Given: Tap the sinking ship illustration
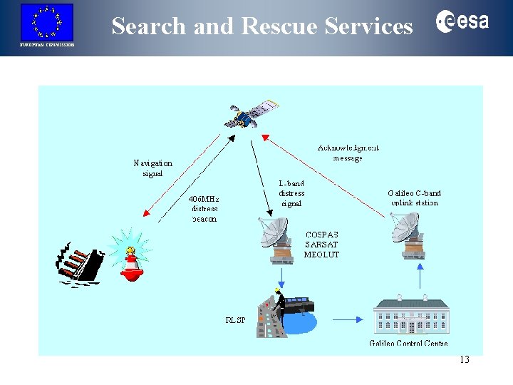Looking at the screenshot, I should [x=80, y=263].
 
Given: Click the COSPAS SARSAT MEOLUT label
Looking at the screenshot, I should [x=321, y=245].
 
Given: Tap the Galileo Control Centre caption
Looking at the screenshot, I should [x=408, y=344].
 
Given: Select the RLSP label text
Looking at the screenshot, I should [x=236, y=320].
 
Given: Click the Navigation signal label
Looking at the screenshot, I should [x=153, y=168].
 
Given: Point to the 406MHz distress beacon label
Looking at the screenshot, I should [x=204, y=208].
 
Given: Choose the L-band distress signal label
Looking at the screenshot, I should [x=291, y=193].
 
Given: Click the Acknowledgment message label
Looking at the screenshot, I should [x=348, y=153].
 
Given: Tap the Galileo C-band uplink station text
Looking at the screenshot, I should [x=414, y=197].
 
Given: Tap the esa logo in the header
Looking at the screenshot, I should [x=462, y=22].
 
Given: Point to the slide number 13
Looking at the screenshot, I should [x=465, y=360].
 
